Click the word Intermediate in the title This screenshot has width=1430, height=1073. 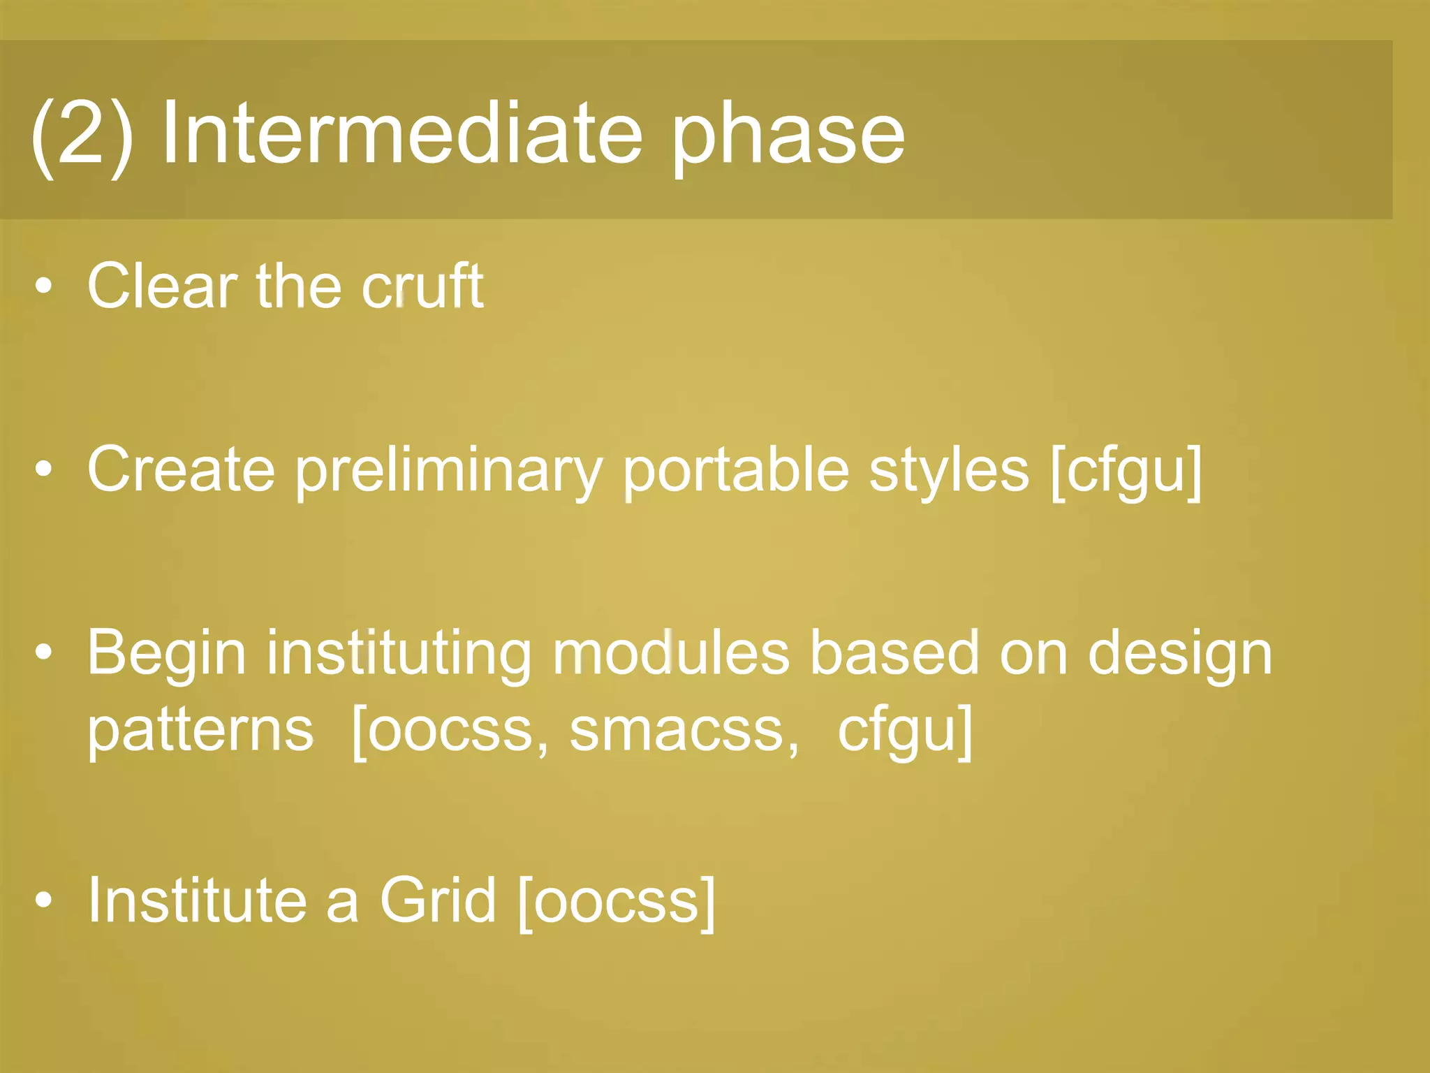coord(401,133)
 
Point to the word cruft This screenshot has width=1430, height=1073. coord(422,286)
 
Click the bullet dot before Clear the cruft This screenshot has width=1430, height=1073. coord(43,287)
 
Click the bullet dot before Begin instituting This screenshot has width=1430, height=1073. coord(43,653)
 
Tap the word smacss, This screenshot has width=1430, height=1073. coord(684,730)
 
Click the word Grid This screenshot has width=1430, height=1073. coord(437,900)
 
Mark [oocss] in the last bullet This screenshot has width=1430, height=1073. coord(617,902)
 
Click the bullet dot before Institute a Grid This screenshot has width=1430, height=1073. coord(43,902)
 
